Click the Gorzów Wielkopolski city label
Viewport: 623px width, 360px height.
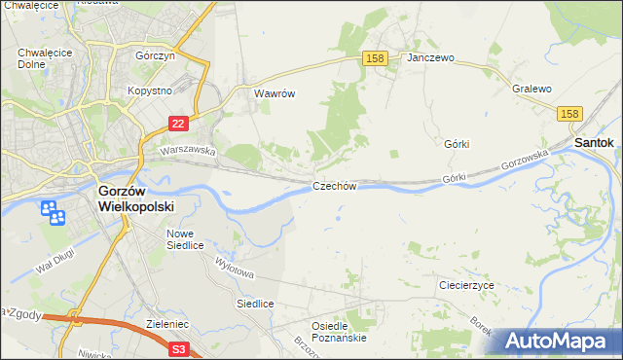click(135, 198)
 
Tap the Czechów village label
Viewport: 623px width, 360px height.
click(336, 185)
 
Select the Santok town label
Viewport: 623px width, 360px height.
click(593, 142)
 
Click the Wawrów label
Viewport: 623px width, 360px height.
click(274, 94)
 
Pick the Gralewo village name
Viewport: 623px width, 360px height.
click(531, 89)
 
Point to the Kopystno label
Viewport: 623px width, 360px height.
click(149, 90)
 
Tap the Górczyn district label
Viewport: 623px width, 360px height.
click(155, 56)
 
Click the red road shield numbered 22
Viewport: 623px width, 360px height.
click(177, 124)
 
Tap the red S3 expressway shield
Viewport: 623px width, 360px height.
click(178, 347)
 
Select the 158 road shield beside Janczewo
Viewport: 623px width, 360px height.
click(377, 58)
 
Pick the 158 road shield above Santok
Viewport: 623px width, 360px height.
click(570, 114)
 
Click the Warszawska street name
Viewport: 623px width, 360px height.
click(188, 151)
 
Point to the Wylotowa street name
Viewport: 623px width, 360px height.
click(234, 268)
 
